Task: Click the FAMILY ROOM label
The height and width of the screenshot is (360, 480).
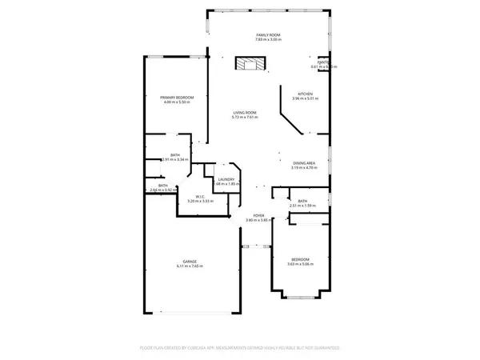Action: point(267,35)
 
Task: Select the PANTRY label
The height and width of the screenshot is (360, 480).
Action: point(323,61)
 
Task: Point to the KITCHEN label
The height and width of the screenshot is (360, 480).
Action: point(305,94)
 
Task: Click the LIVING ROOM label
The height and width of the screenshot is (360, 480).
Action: point(244,113)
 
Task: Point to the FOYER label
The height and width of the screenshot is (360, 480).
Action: point(258,215)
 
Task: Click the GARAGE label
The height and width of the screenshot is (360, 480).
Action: point(190,261)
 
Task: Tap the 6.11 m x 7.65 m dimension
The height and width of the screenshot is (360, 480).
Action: point(190,266)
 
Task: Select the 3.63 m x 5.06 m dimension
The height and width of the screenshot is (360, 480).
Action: point(300,265)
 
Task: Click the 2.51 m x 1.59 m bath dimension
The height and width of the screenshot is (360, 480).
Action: point(302,206)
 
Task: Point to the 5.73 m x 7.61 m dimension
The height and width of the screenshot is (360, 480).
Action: point(244,118)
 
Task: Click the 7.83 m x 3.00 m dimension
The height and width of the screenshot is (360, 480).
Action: point(267,40)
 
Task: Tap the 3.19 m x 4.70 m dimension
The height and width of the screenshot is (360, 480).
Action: point(303,167)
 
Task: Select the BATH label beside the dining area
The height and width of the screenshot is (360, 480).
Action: point(302,202)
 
